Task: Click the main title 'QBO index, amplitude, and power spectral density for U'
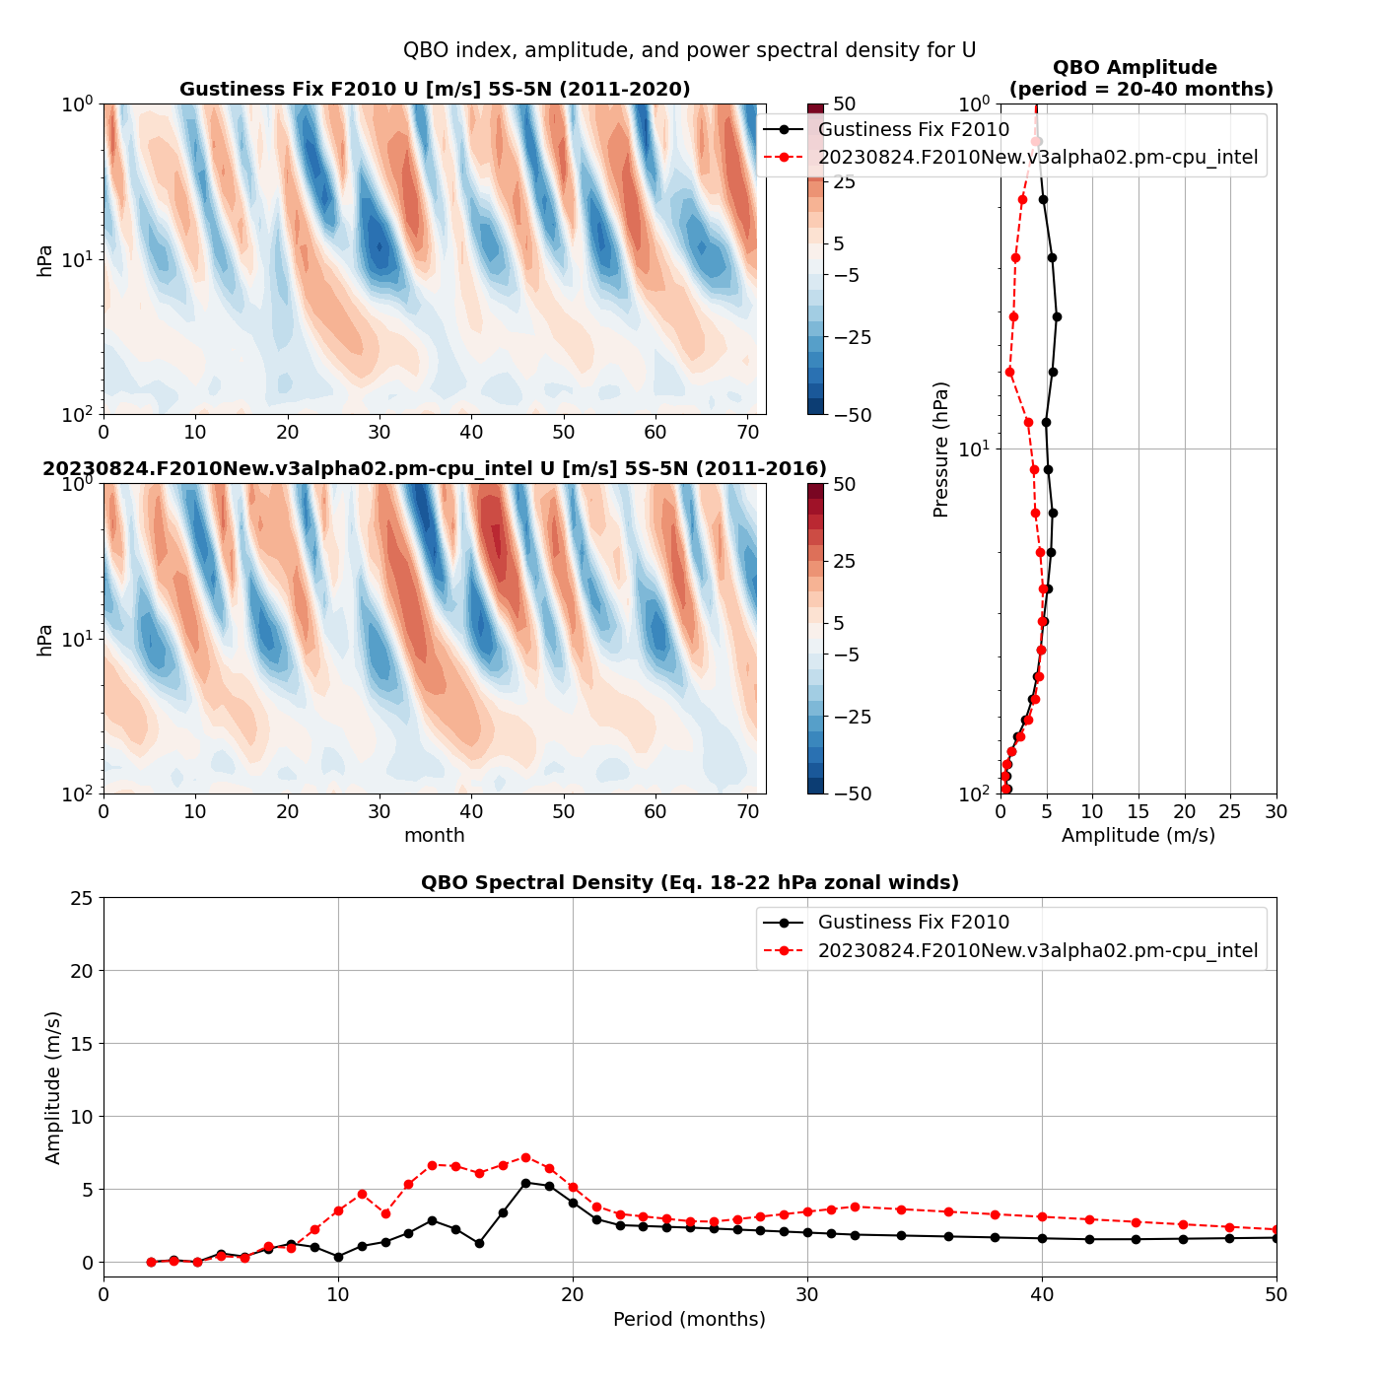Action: tap(689, 50)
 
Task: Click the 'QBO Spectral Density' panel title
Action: tap(689, 882)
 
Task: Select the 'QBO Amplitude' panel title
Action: tap(1135, 68)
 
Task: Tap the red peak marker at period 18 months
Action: tap(525, 1157)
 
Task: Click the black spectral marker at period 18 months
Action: tap(525, 1183)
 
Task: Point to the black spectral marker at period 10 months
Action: tap(338, 1257)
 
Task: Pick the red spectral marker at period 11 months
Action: tap(362, 1194)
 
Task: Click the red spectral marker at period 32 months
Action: tap(855, 1207)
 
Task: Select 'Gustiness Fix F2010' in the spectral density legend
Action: tap(913, 923)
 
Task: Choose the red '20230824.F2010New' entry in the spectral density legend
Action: tap(1037, 951)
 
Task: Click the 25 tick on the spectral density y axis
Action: tap(82, 898)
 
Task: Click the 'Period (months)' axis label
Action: tap(689, 1319)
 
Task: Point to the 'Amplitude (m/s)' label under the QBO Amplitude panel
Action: tap(1138, 835)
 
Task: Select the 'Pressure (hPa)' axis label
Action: tap(940, 448)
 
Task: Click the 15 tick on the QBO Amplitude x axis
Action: tap(1138, 811)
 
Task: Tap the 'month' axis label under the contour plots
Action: tap(434, 835)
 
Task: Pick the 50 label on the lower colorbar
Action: tap(844, 484)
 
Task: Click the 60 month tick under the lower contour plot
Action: tap(655, 811)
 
